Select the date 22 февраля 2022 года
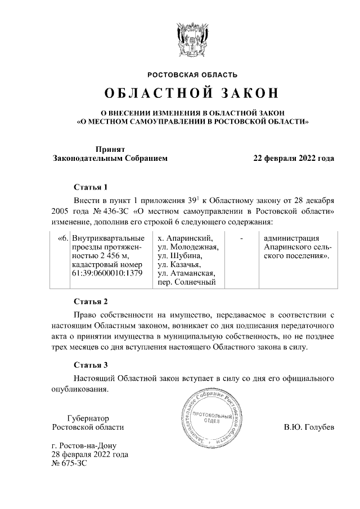coord(294,159)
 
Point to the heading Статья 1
coord(91,187)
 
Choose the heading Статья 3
coord(91,364)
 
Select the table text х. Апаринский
coord(186,237)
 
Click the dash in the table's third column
coord(241,237)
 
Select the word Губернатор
coord(88,418)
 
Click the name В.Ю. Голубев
coord(309,427)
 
